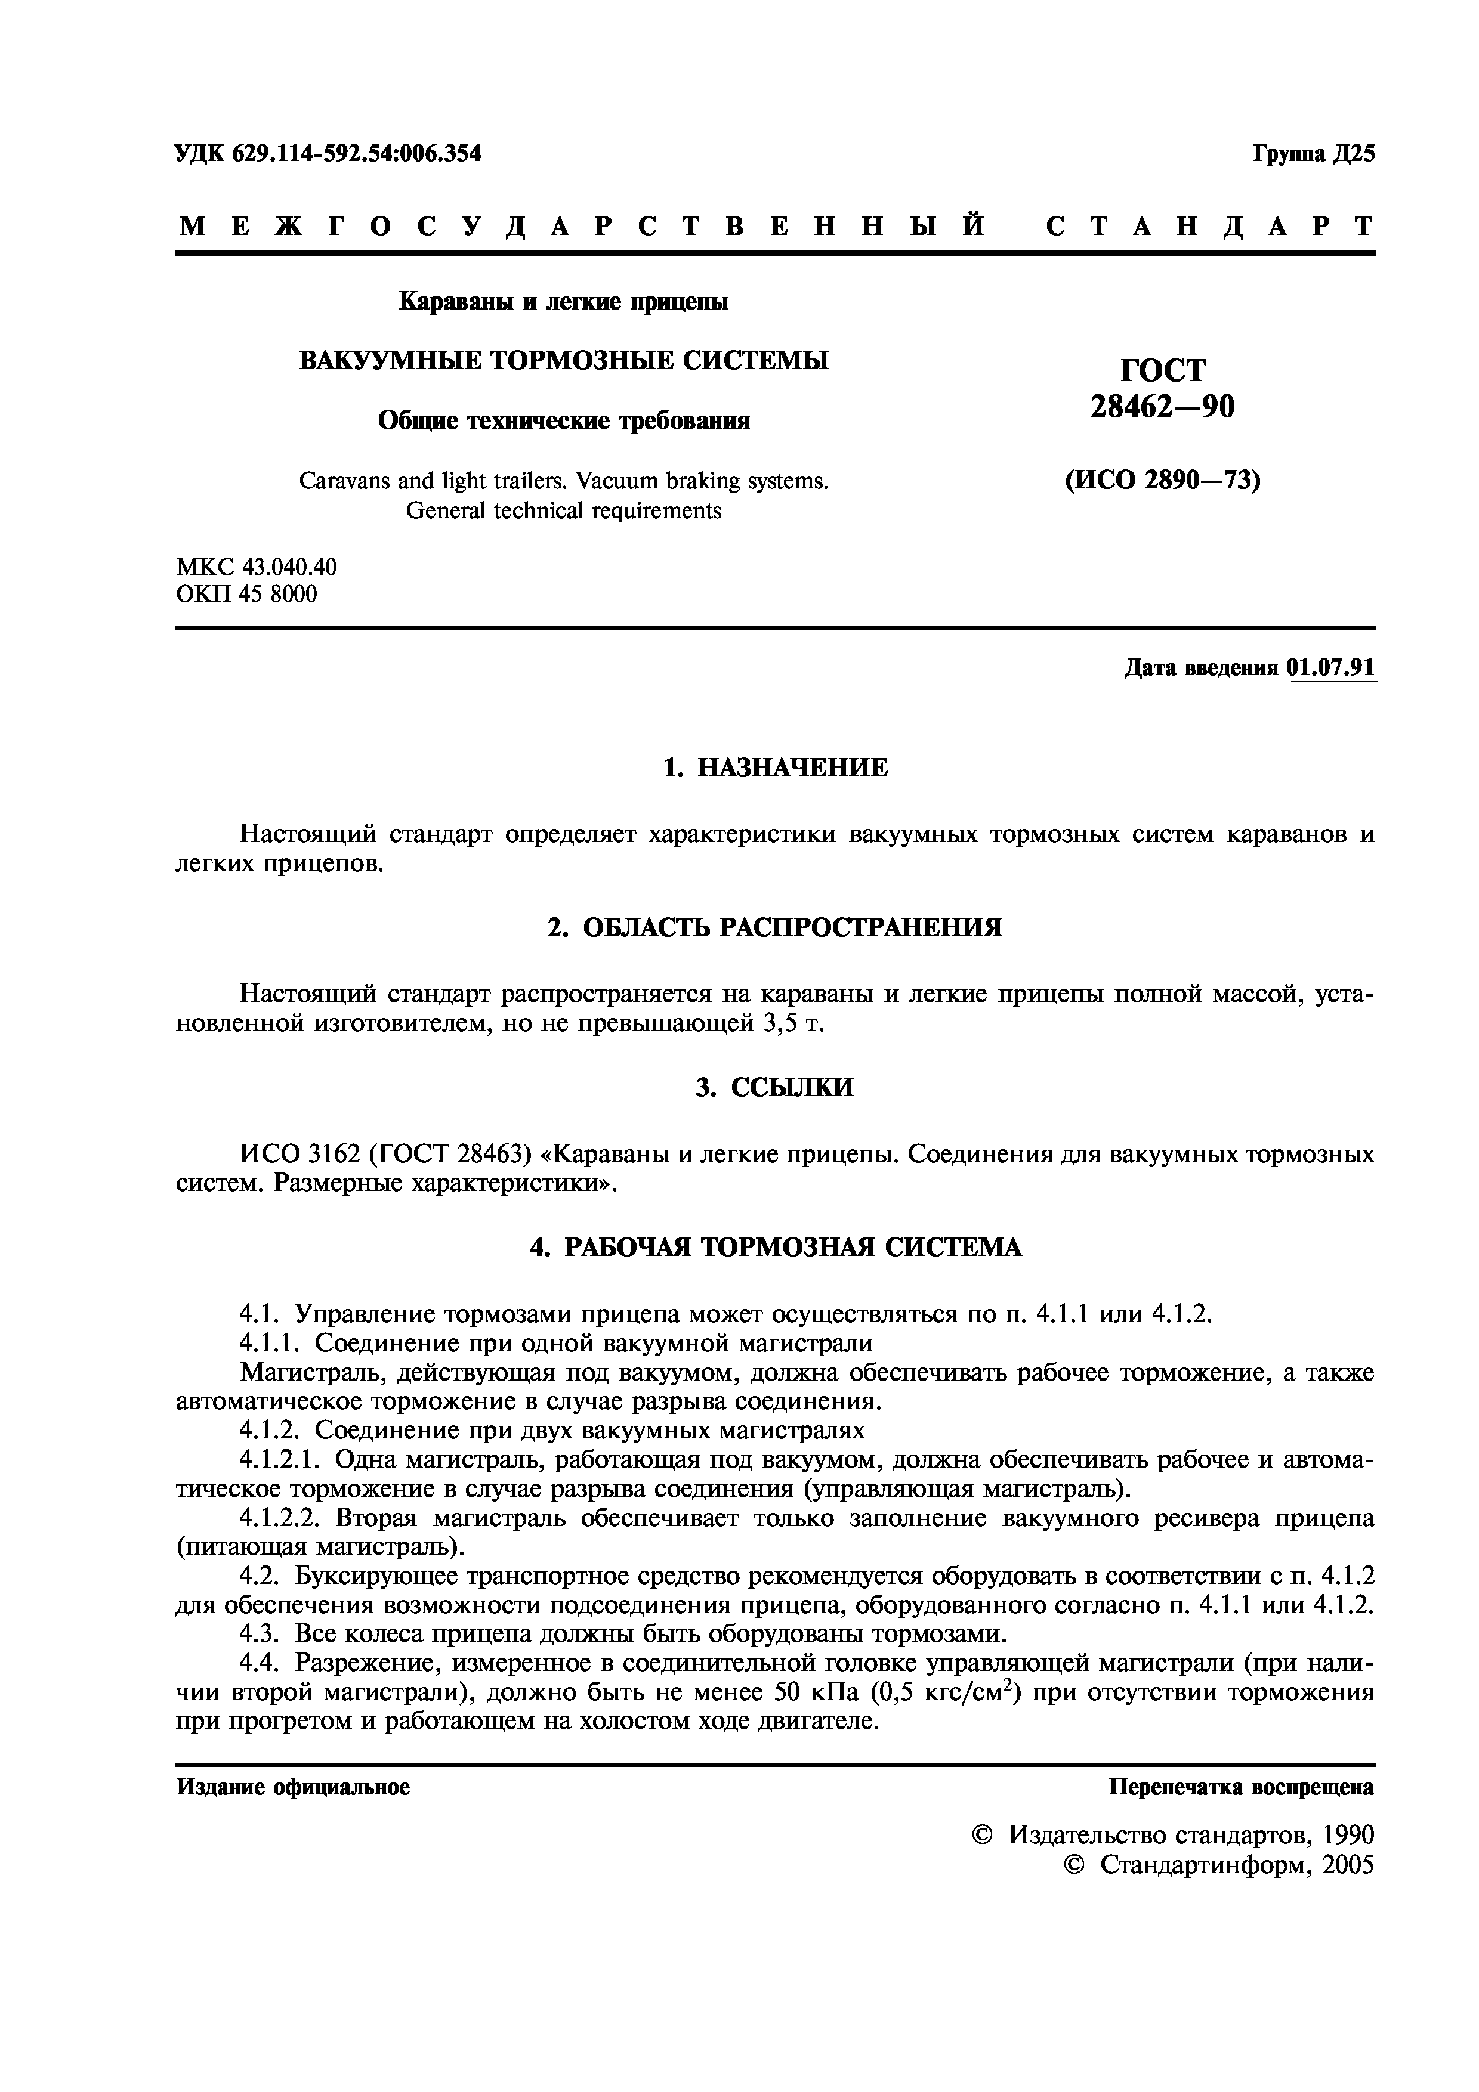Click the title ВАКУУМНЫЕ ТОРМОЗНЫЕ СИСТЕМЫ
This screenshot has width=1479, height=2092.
564,361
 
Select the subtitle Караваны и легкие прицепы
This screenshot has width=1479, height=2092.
564,301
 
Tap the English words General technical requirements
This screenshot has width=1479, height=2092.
563,511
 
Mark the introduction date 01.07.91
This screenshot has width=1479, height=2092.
1330,668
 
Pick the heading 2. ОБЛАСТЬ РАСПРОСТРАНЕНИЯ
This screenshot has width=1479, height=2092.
774,927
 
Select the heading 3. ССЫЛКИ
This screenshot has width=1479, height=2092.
774,1087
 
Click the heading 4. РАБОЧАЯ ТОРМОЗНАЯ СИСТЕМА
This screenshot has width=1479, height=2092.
776,1246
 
